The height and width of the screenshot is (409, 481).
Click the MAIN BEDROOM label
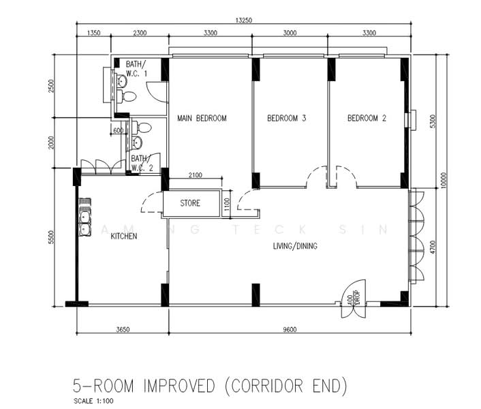coord(202,118)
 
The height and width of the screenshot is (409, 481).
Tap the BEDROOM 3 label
coord(287,118)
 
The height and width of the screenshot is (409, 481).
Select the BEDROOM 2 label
coord(367,118)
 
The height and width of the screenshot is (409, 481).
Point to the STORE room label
coord(190,203)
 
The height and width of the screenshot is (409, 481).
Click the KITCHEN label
coord(123,237)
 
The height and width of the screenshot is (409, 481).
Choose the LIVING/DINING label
coord(295,246)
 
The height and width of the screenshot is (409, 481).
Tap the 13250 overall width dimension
coord(244,20)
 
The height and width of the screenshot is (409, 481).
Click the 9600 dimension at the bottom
coord(290,329)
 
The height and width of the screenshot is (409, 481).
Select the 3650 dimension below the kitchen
coord(123,329)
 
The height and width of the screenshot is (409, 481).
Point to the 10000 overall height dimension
coord(445,181)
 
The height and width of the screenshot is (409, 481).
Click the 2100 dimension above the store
coord(196,175)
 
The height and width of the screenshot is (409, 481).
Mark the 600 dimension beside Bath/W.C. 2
coord(118,131)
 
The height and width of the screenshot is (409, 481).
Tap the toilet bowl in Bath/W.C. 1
coord(127,97)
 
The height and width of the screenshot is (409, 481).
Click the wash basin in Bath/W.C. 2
coord(136,142)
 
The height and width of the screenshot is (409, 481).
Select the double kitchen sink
coord(85,217)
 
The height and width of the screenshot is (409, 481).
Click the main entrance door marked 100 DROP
coord(354,299)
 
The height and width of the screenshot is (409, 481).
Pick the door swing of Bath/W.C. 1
coord(157,92)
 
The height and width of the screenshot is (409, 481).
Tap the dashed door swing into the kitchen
coord(152,202)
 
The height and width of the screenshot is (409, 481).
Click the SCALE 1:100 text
coord(93,401)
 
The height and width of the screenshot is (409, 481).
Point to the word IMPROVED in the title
coord(179,386)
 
